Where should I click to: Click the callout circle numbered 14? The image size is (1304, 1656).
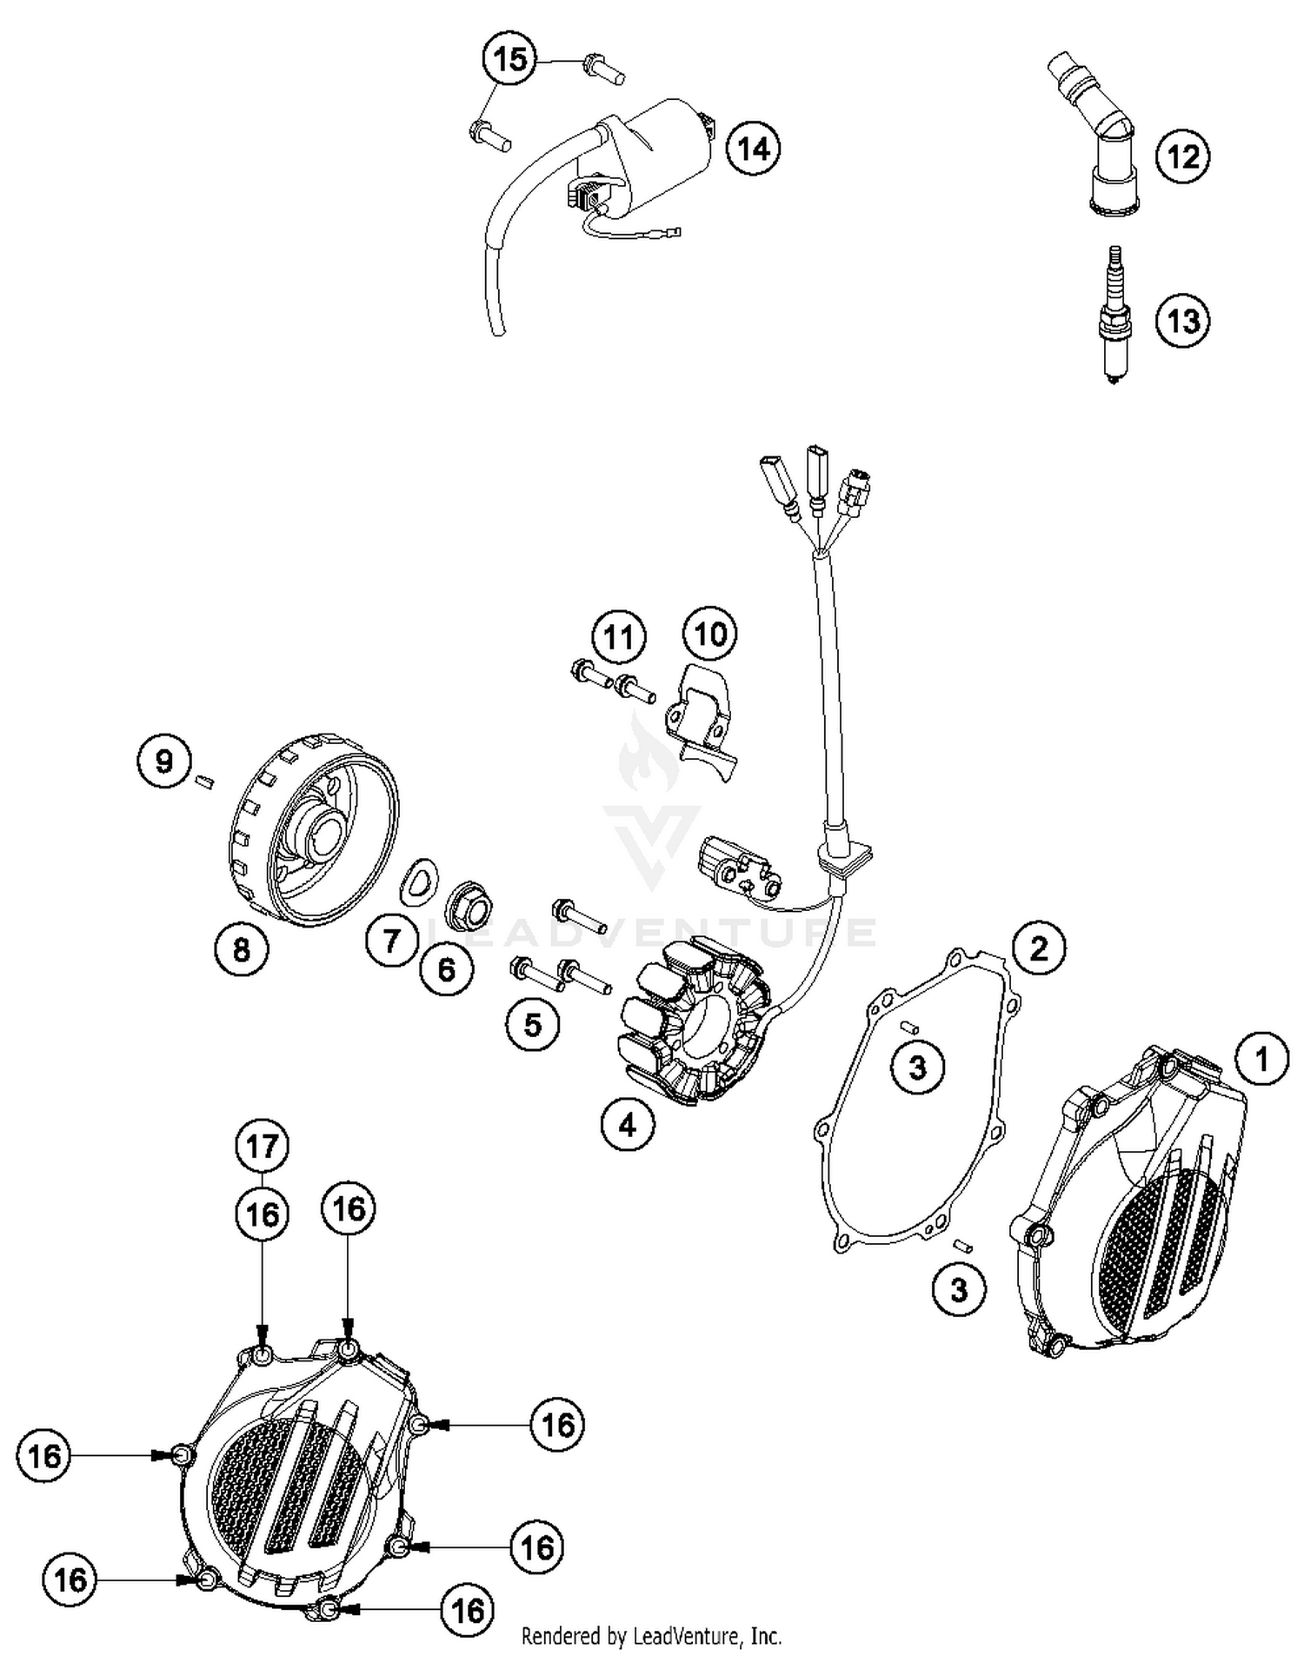(753, 149)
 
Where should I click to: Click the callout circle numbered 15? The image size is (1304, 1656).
(509, 59)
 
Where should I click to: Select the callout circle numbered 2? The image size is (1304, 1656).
(1039, 947)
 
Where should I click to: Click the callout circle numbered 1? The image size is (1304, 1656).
(1261, 1059)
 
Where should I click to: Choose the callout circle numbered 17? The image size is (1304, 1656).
(263, 1147)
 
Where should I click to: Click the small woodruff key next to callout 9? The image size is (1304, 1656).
(205, 780)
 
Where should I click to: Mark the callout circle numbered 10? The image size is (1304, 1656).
(710, 634)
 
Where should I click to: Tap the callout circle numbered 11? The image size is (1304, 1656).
(619, 637)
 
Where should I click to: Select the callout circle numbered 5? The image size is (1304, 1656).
(533, 1024)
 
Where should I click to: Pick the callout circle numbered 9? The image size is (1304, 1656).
(164, 761)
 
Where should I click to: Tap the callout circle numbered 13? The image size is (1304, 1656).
(1183, 321)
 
